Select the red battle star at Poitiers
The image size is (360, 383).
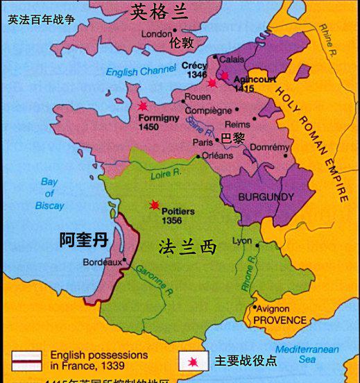pos(153,205)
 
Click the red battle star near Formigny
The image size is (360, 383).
pos(143,106)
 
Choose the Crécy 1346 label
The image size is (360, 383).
pos(195,69)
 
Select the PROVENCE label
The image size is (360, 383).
pos(280,320)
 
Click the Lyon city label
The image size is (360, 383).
pos(242,241)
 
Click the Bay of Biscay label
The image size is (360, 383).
pos(48,194)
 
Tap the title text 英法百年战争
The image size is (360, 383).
pos(41,20)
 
